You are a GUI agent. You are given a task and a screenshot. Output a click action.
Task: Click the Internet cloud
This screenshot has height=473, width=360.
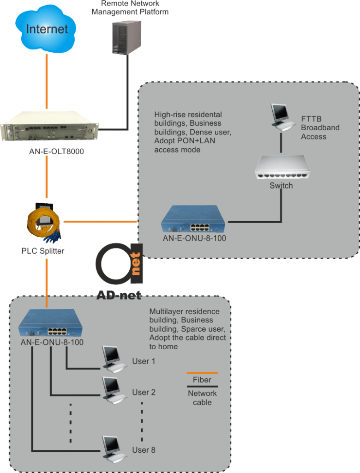pos(47,29)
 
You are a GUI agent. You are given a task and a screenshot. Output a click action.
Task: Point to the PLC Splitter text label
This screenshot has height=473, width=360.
pos(43,251)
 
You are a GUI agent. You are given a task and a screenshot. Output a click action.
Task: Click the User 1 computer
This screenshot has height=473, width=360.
pos(113,359)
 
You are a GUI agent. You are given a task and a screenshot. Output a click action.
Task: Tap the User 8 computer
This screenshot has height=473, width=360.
pos(113,448)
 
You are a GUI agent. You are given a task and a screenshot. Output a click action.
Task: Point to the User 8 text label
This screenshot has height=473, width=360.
pos(144,449)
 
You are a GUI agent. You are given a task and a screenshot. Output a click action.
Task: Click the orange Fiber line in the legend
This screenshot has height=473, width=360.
pos(202,372)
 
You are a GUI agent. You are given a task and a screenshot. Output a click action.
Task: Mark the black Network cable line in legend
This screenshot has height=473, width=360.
pos(202,387)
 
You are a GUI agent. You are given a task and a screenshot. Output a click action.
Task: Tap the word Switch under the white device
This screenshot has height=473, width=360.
pos(281,186)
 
